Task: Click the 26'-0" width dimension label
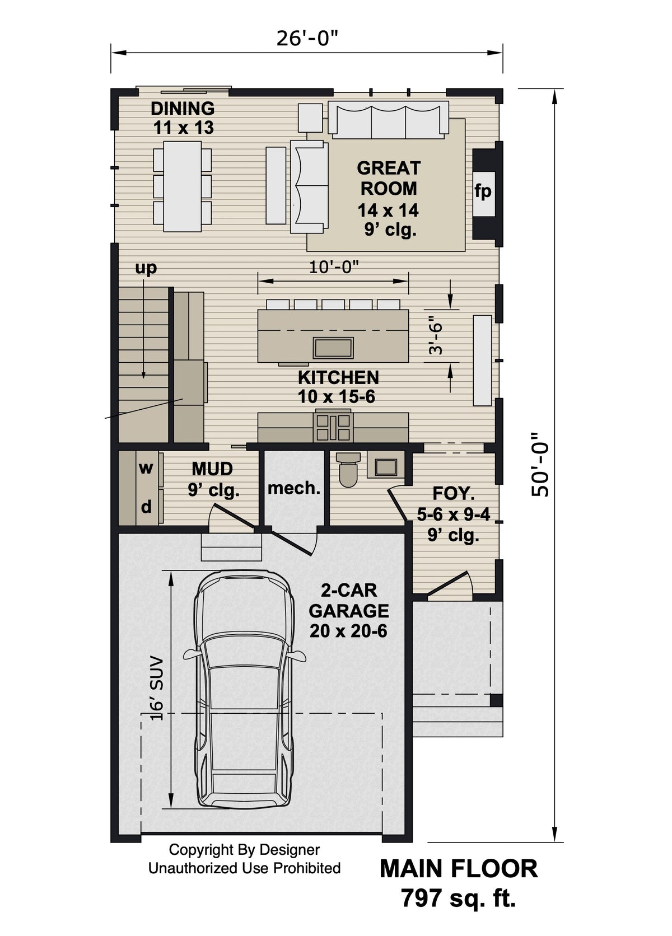[x=307, y=39]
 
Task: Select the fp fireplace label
[x=483, y=191]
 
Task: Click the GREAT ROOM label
[x=388, y=178]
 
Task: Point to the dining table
[x=183, y=186]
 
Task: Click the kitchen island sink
[x=333, y=348]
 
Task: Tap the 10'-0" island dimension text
[x=334, y=266]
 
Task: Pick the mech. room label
[x=294, y=488]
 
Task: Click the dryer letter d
[x=146, y=507]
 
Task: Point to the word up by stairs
[x=146, y=268]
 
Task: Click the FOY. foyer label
[x=454, y=494]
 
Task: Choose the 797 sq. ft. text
[x=458, y=898]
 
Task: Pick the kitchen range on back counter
[x=333, y=427]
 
